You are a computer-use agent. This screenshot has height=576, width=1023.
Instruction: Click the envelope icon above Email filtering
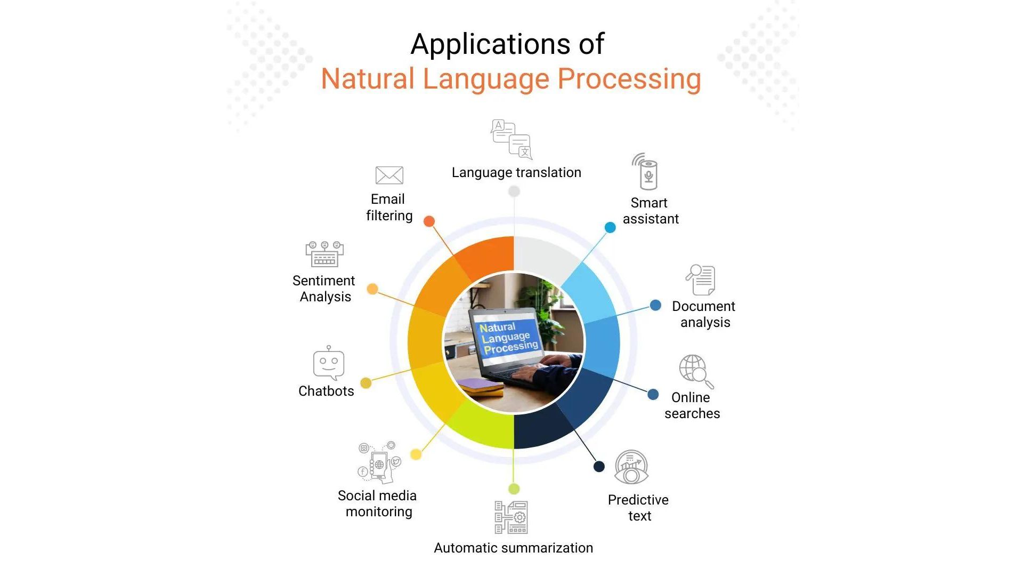tap(389, 175)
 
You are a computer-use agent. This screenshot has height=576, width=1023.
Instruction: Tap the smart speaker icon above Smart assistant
tap(647, 172)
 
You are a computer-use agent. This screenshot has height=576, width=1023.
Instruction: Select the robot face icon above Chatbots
tap(328, 364)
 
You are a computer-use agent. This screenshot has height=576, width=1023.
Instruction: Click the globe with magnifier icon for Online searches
tap(695, 370)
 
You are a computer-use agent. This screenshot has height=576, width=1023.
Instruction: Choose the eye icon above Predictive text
tap(631, 468)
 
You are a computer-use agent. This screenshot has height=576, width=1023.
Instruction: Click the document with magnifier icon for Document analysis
tap(701, 279)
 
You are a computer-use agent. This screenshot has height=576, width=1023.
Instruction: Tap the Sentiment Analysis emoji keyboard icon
tap(324, 254)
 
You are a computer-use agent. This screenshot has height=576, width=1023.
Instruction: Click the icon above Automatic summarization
tap(511, 517)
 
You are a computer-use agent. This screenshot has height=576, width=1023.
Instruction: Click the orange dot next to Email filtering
tap(429, 221)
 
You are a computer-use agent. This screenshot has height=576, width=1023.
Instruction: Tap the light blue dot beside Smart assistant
tap(610, 228)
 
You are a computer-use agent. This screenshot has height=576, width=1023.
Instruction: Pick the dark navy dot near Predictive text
tap(599, 467)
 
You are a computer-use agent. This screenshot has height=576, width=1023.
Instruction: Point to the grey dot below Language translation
tap(514, 191)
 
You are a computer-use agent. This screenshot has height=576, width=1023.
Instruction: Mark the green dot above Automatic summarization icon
tap(514, 489)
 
